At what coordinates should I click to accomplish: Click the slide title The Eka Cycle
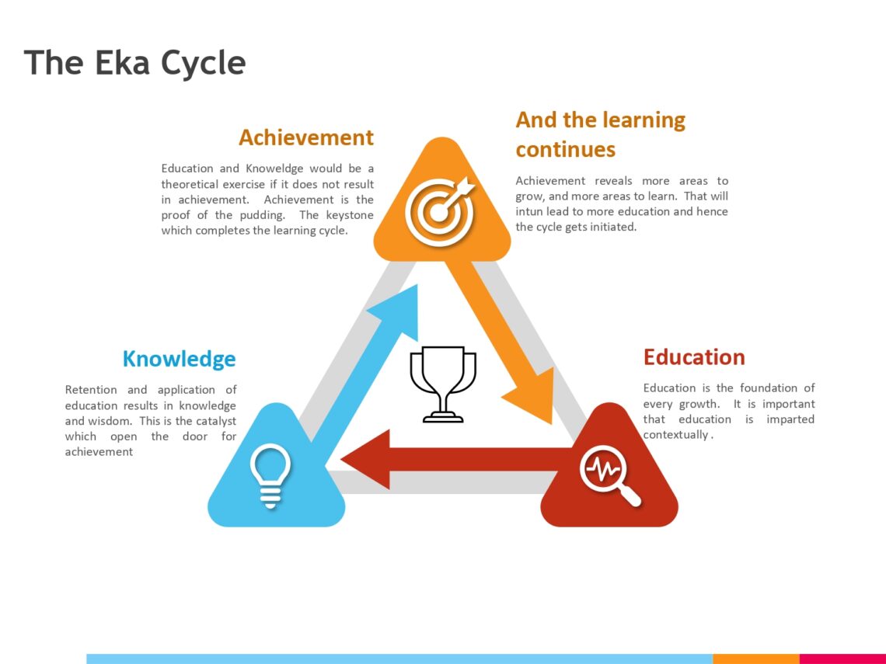[134, 62]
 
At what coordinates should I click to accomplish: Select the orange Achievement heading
[305, 137]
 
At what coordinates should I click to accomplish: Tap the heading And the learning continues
[600, 134]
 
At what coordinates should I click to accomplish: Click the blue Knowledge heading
[179, 359]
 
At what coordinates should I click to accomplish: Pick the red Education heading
[694, 357]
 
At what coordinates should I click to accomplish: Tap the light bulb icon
[270, 475]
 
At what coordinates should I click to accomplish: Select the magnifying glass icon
[609, 475]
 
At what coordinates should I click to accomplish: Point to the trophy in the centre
[443, 384]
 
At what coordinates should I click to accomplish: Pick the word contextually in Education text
[675, 435]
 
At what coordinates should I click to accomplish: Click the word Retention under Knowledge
[91, 390]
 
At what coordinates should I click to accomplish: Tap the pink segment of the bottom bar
[842, 659]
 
